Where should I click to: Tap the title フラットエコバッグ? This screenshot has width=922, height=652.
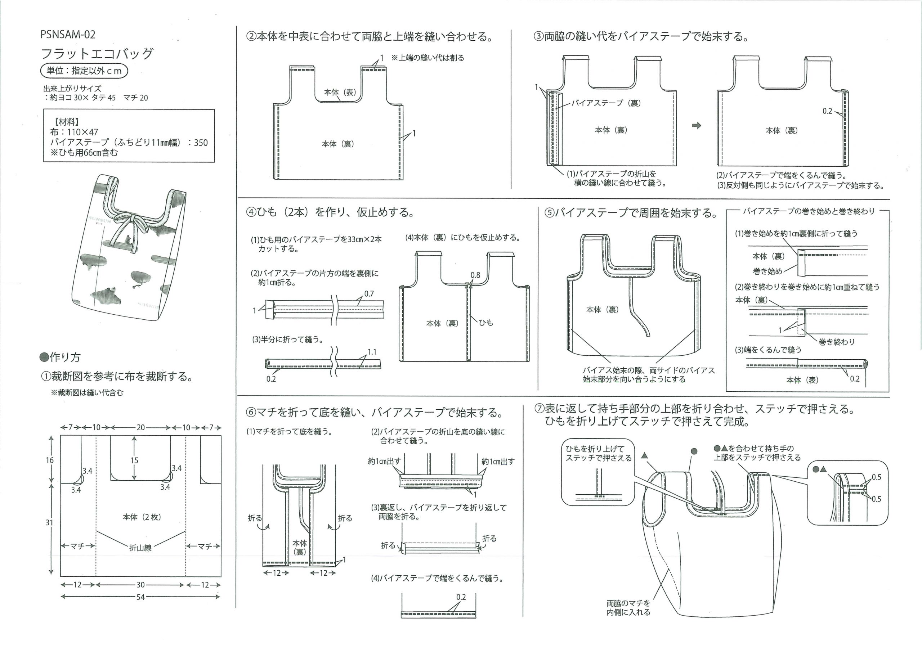(x=97, y=53)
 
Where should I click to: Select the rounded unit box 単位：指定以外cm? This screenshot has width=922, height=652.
(x=84, y=71)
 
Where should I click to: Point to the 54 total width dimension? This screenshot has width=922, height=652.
(x=140, y=597)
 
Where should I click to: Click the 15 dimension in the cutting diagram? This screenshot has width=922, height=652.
(x=134, y=460)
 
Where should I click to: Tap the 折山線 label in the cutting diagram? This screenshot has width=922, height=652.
(x=140, y=548)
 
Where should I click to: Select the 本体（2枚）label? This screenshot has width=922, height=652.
(x=142, y=517)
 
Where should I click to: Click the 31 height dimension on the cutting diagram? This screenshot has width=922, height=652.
(x=49, y=522)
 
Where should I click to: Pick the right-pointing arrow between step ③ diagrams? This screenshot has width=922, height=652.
(x=697, y=126)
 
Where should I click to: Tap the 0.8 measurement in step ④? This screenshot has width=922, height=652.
(x=475, y=275)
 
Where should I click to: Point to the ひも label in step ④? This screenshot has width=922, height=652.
(x=486, y=322)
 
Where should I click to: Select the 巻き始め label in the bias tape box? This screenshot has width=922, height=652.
(x=767, y=271)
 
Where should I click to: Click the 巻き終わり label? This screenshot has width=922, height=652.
(x=837, y=342)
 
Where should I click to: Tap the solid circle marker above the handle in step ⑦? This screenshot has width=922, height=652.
(x=694, y=451)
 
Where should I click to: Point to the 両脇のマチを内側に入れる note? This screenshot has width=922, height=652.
(x=628, y=608)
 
